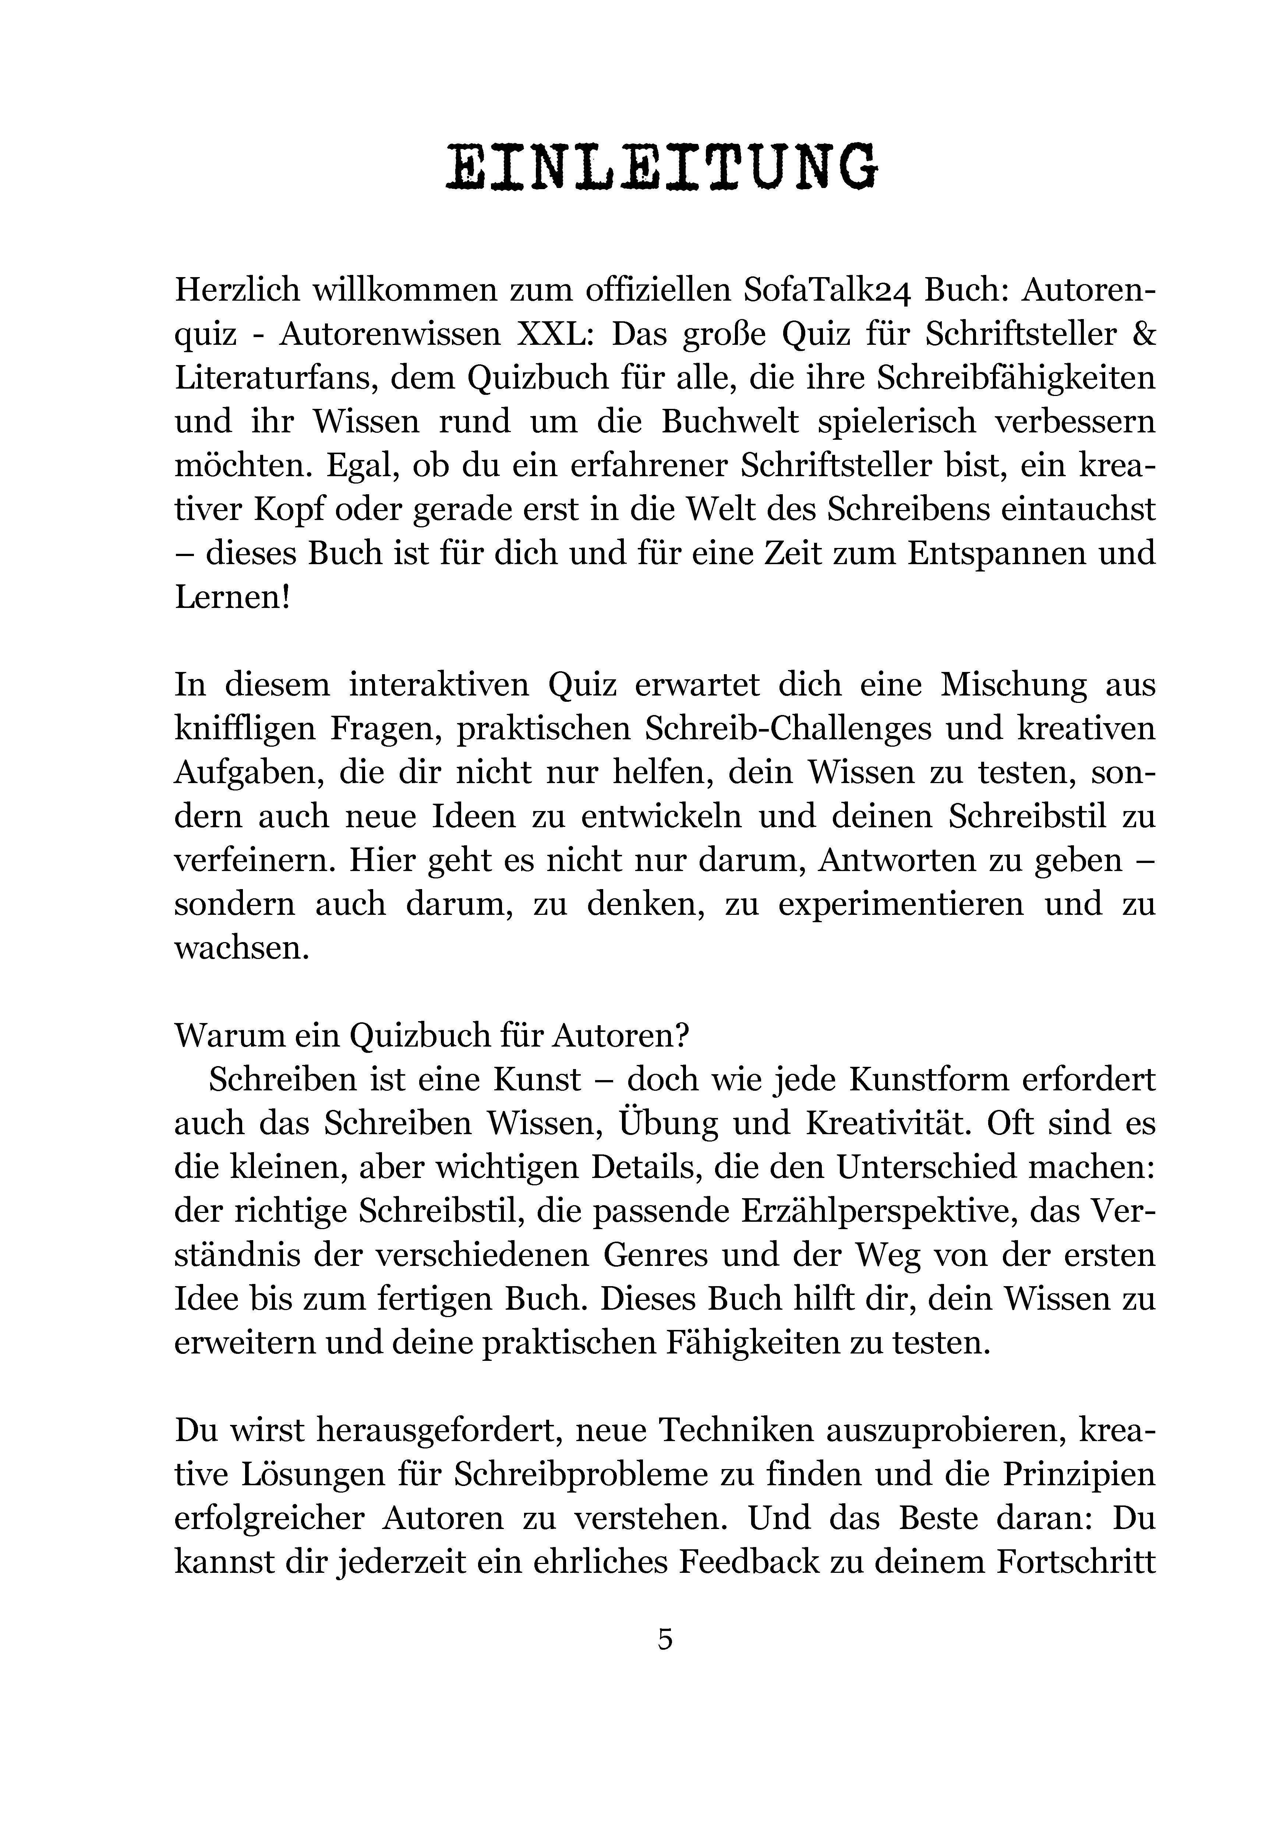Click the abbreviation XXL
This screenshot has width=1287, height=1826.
tap(553, 334)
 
